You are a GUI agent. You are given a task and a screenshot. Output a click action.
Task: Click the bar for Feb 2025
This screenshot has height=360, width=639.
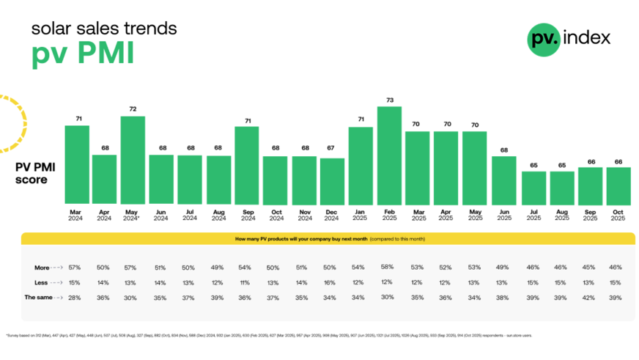[x=390, y=155]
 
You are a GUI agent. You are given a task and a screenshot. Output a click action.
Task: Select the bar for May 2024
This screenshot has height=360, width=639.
[x=133, y=160]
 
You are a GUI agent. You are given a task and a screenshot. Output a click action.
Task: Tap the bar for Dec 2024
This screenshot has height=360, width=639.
[x=333, y=180]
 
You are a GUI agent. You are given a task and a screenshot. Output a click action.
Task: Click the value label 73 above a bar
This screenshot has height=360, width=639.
[x=390, y=100]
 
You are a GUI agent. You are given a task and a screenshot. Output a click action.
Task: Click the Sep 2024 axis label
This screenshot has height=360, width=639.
[x=247, y=215]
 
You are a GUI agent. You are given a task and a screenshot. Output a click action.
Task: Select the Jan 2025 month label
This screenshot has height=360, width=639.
[x=361, y=215]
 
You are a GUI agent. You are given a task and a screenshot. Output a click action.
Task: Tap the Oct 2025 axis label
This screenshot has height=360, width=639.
[x=618, y=215]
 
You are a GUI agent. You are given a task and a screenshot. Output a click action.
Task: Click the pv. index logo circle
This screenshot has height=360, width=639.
[x=543, y=39]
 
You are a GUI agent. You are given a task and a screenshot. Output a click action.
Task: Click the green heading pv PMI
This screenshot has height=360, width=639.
[x=82, y=55]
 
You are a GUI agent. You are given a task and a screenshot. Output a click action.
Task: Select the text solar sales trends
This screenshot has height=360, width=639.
[x=103, y=29]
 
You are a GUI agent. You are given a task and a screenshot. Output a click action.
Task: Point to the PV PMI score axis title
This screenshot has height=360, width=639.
[x=35, y=173]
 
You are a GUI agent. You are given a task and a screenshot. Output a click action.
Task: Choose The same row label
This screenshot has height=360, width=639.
[x=40, y=297]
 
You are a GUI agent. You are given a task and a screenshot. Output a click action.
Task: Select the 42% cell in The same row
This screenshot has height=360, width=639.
[x=590, y=297]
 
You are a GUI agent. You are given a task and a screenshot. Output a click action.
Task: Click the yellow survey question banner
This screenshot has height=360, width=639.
[x=328, y=239]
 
